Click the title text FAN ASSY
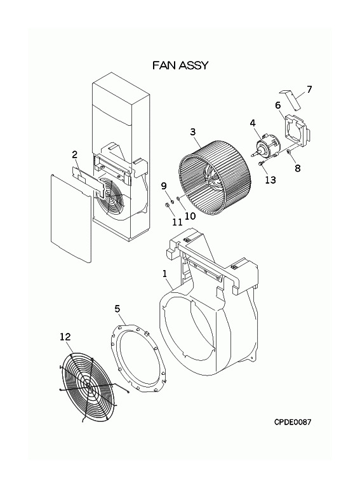click(x=180, y=65)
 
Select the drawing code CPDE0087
click(x=292, y=422)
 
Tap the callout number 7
click(x=309, y=90)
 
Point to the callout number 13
click(x=270, y=180)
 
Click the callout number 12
click(x=65, y=337)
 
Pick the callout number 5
click(x=117, y=309)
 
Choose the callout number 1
click(x=165, y=274)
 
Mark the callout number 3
click(x=193, y=132)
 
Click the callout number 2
click(x=75, y=154)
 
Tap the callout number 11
click(x=177, y=222)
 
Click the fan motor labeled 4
click(x=266, y=146)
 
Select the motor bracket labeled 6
click(x=297, y=131)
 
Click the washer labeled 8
click(x=288, y=152)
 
